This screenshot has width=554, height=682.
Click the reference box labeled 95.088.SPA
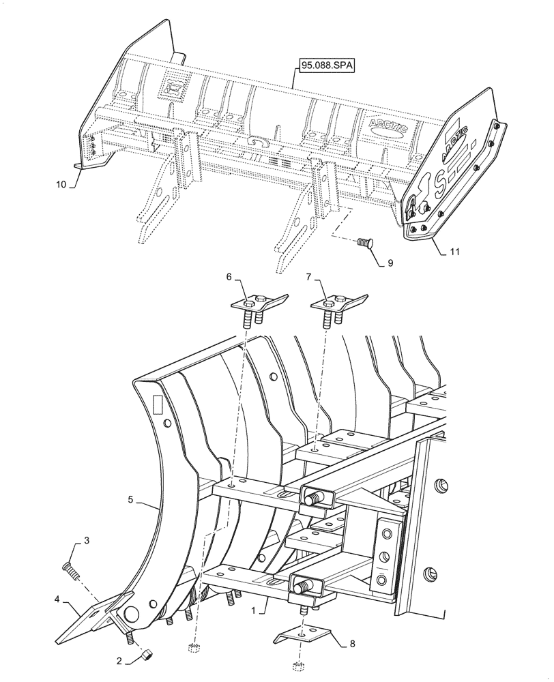327,65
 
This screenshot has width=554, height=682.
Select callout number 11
455,252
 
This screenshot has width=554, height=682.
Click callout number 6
229,276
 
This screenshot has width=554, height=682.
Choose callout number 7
308,276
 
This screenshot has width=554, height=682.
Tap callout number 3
86,541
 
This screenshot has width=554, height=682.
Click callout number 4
59,601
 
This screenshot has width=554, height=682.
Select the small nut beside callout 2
145,655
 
